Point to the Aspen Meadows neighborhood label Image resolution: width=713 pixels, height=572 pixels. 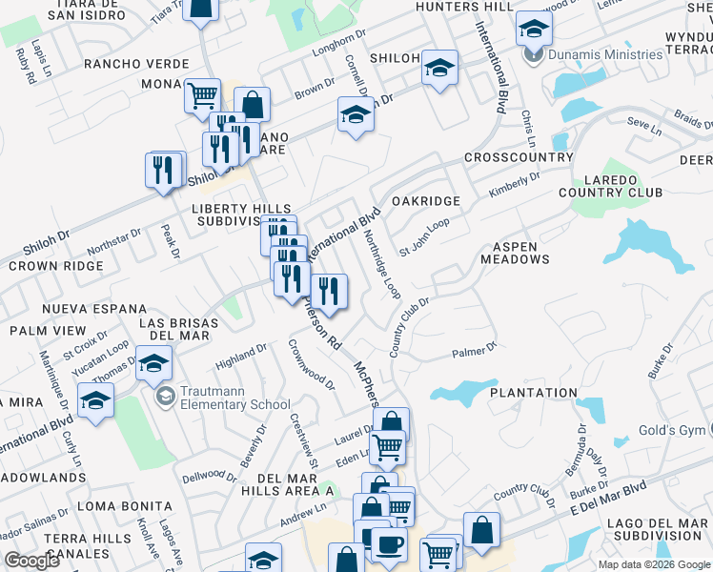click(x=515, y=253)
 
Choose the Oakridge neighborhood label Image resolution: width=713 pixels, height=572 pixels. click(x=426, y=201)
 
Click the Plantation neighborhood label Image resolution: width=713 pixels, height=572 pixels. click(x=534, y=393)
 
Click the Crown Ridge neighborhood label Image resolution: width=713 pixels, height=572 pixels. click(x=55, y=266)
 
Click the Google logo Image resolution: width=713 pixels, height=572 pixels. click(x=31, y=561)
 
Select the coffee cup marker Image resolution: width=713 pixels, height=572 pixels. click(x=388, y=545)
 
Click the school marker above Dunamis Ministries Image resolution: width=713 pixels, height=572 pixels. click(x=534, y=29)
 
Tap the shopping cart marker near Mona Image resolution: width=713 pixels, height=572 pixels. click(x=202, y=95)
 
